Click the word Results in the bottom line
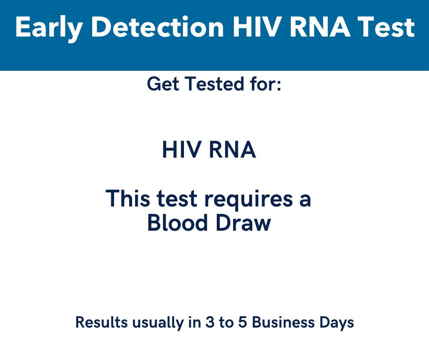click(x=101, y=323)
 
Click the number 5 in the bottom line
click(x=243, y=323)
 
